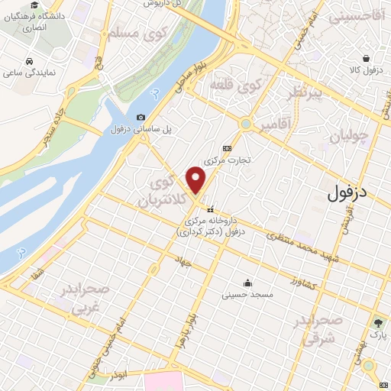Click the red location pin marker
click(x=196, y=179)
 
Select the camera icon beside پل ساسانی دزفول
click(x=141, y=117)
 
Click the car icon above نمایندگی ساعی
click(x=28, y=60)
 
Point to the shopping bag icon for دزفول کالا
click(x=367, y=58)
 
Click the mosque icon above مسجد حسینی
click(x=247, y=282)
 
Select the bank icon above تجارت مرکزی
click(x=226, y=148)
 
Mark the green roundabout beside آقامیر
click(x=247, y=123)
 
